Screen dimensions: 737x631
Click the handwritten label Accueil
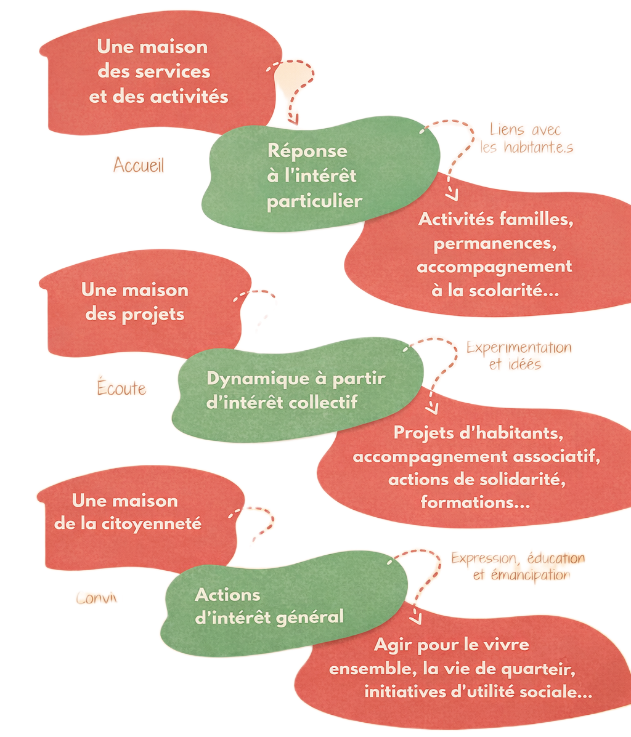point(139,166)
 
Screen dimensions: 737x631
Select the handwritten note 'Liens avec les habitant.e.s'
point(527,139)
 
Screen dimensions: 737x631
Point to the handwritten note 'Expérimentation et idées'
point(518,355)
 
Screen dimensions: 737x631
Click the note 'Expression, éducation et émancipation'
point(518,566)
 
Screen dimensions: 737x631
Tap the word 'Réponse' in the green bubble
point(307,151)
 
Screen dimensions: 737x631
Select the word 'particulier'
point(314,201)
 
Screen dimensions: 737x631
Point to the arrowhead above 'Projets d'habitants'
point(432,407)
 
